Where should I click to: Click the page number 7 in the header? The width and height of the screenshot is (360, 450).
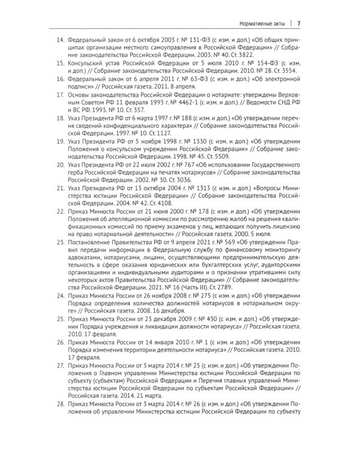click(298, 23)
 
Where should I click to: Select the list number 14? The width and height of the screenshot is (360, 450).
click(60, 43)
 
